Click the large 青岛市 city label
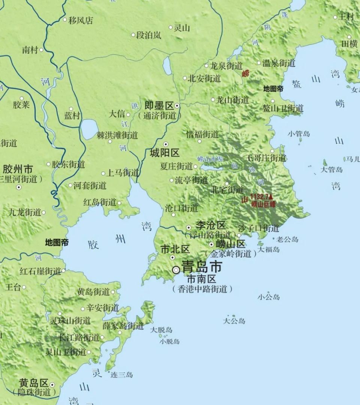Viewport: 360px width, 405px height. [201, 267]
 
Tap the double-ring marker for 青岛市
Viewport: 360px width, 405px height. [176, 270]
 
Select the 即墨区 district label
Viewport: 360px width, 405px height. [159, 106]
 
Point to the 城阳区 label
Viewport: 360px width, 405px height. [165, 153]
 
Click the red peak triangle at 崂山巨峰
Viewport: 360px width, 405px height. [271, 196]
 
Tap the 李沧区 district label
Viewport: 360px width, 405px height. [211, 225]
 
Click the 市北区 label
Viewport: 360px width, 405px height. [175, 249]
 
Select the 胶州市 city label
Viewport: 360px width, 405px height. [18, 169]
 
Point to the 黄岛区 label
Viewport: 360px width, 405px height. [34, 383]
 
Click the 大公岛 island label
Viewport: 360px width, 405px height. [234, 321]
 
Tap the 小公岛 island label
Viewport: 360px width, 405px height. [268, 297]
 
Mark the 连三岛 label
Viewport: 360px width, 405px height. [121, 375]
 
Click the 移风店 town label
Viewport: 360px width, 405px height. [81, 20]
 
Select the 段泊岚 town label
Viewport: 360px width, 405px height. [149, 35]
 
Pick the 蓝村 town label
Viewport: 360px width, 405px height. [72, 116]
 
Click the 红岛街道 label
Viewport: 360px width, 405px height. [100, 202]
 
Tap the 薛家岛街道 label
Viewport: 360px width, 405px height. [123, 326]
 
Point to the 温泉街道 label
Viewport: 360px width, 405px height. [279, 63]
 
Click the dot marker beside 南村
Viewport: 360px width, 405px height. [41, 50]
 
